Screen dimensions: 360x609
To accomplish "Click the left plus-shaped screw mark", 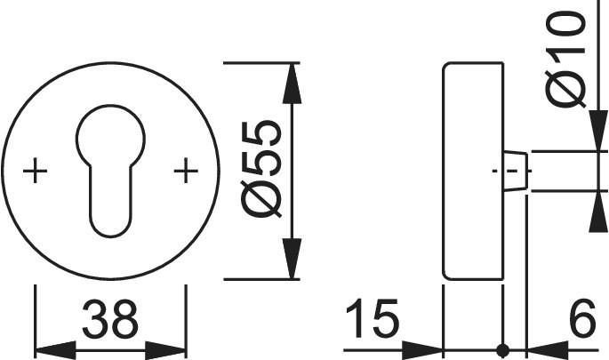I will (x=35, y=170).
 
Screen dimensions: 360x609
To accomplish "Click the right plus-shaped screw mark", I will (x=186, y=170).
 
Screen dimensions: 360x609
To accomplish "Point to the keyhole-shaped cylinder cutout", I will (x=110, y=169).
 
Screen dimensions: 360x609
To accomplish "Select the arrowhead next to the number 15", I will (x=425, y=348).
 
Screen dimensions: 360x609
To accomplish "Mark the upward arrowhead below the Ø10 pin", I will (x=594, y=206).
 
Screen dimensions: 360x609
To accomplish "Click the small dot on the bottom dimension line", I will (x=503, y=348).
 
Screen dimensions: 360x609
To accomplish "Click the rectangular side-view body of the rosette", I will (x=472, y=170).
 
